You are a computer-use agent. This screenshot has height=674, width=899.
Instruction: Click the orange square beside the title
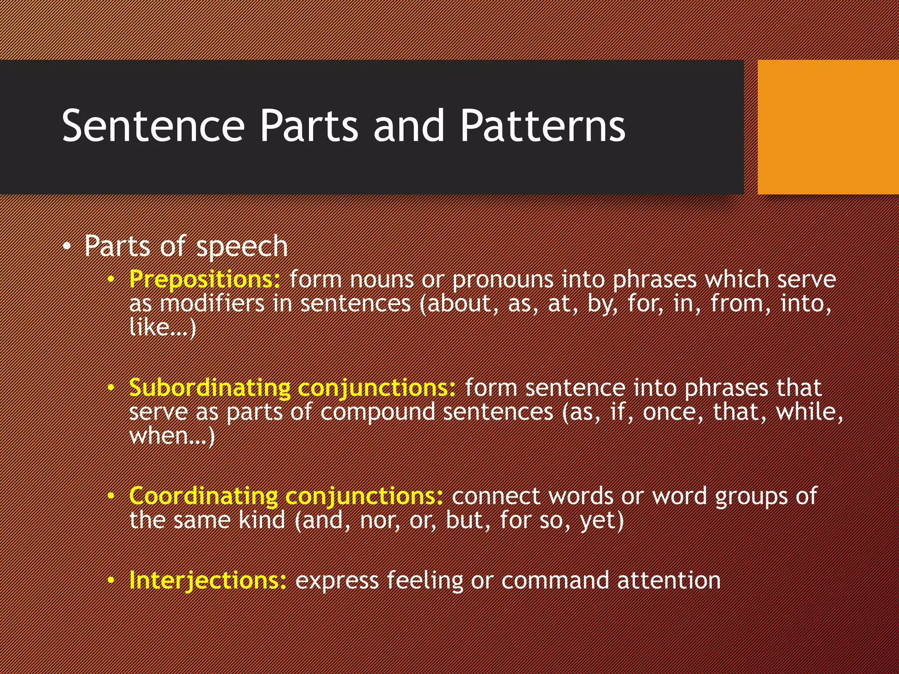coord(828,127)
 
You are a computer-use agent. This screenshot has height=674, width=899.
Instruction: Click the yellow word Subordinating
coord(210,388)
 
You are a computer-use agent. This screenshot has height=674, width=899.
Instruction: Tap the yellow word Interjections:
coord(208,580)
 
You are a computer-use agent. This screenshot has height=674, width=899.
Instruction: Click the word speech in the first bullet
coord(242,247)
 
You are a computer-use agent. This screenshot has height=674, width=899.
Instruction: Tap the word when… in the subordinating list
coord(172,436)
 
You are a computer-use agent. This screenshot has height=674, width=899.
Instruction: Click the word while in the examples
coord(809,412)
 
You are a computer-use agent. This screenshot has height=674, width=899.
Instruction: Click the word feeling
coord(425,580)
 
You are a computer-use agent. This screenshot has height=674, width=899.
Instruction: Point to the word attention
coord(669,580)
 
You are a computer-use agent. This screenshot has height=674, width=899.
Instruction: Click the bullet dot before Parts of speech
coord(66,247)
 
